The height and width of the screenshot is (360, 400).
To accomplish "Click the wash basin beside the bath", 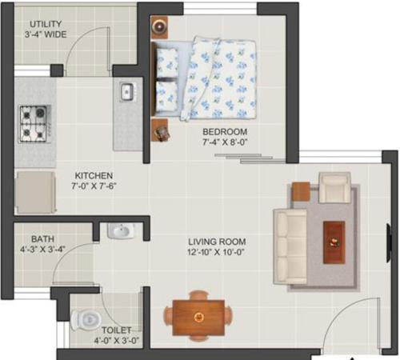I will pyautogui.click(x=121, y=232).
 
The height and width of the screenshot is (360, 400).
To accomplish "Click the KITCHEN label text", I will pyautogui.click(x=94, y=176).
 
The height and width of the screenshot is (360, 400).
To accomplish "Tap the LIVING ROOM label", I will pyautogui.click(x=217, y=242).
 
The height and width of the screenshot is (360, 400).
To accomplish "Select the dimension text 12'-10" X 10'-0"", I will pyautogui.click(x=217, y=254).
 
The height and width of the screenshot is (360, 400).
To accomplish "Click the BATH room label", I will pyautogui.click(x=42, y=238).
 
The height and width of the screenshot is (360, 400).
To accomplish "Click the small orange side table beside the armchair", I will pyautogui.click(x=300, y=191).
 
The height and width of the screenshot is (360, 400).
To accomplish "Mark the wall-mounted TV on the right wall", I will pyautogui.click(x=389, y=238).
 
